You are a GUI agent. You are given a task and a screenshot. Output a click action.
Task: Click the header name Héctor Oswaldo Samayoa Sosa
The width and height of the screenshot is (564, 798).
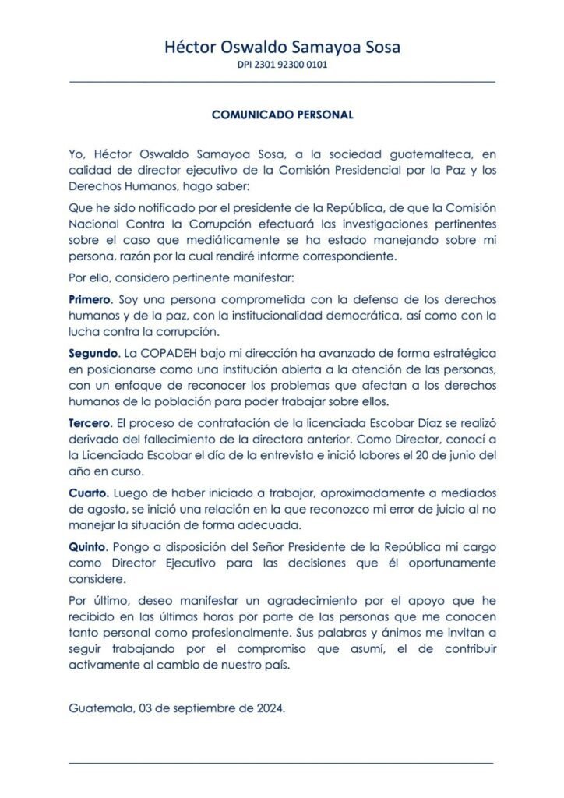pos(282,48)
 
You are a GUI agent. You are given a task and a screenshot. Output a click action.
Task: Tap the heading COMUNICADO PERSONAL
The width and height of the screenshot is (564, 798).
pos(283,114)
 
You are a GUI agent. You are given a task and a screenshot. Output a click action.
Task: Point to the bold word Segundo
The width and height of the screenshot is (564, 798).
pos(93,353)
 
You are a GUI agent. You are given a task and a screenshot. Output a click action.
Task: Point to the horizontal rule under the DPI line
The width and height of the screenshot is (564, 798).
pos(282,81)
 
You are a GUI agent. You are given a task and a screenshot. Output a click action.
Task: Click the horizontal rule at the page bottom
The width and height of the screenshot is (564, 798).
pos(282,762)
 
